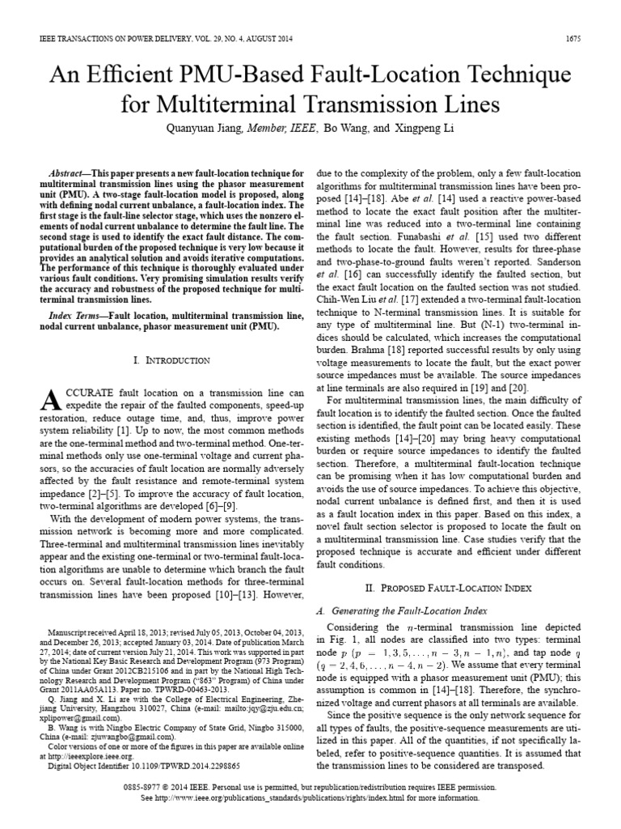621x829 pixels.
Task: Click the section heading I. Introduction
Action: tap(171, 359)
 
